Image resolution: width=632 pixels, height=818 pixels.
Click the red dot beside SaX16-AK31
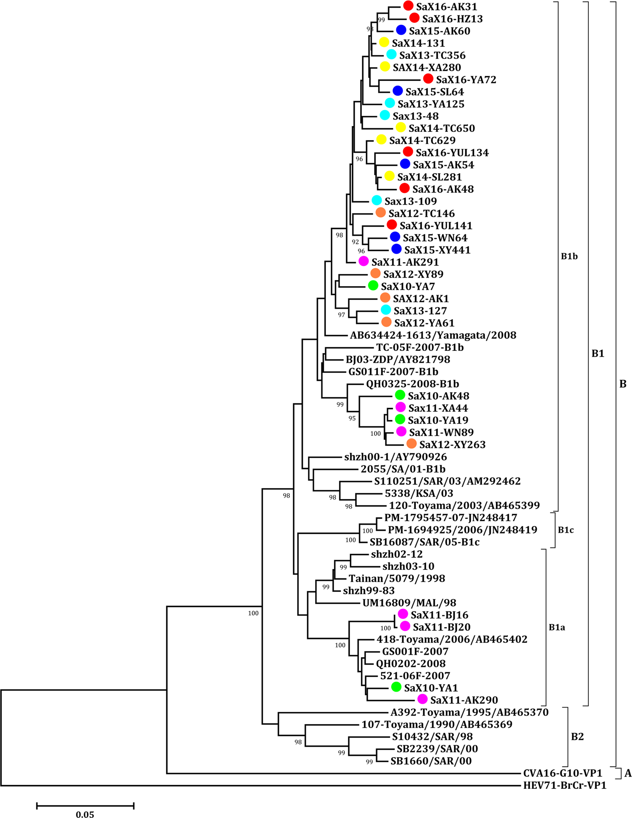click(x=408, y=6)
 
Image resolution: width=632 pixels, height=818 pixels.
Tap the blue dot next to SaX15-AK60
click(x=401, y=30)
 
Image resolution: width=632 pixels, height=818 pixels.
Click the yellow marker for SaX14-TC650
click(x=401, y=128)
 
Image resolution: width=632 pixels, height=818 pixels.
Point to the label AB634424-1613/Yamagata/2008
click(x=433, y=335)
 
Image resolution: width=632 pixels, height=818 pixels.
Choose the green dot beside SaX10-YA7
click(x=373, y=286)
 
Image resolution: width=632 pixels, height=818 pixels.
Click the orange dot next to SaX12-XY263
click(x=411, y=444)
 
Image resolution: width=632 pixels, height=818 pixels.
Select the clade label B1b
click(x=569, y=256)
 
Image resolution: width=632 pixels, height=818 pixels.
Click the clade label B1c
click(x=566, y=530)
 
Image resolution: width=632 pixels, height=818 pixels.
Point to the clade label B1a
click(x=557, y=627)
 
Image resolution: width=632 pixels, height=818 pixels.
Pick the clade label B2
click(x=577, y=737)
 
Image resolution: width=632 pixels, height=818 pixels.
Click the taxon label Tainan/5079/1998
click(x=396, y=578)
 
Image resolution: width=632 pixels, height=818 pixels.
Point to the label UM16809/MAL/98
click(x=409, y=603)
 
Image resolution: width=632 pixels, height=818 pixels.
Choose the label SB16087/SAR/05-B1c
click(x=424, y=542)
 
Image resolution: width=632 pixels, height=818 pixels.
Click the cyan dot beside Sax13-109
click(x=376, y=200)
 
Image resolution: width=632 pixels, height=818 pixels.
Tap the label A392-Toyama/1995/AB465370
click(x=469, y=712)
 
